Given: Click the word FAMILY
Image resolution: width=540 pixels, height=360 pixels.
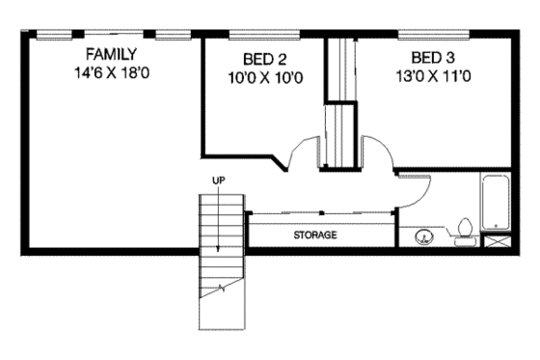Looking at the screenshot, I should pyautogui.click(x=109, y=53).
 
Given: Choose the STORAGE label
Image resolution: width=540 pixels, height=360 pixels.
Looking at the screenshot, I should pyautogui.click(x=315, y=235).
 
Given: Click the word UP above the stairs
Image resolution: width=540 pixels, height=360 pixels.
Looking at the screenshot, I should pyautogui.click(x=218, y=180).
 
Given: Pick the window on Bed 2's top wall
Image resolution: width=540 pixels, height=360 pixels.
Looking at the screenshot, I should pyautogui.click(x=263, y=36).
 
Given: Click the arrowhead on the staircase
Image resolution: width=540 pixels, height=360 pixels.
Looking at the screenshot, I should pyautogui.click(x=218, y=250).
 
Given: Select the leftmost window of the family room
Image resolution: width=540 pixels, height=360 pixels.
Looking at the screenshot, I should pyautogui.click(x=53, y=36).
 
